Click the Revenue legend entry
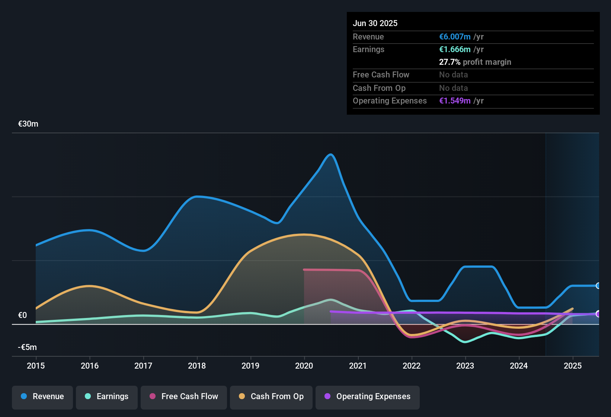[x=42, y=397]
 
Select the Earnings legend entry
[x=107, y=397]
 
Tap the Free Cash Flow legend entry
[x=184, y=397]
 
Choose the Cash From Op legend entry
[x=271, y=397]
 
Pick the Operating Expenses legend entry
[x=368, y=397]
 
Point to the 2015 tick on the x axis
[x=36, y=366]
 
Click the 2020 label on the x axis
[x=304, y=366]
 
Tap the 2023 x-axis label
[x=465, y=366]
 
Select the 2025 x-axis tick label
[x=573, y=366]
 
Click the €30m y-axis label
[x=28, y=124]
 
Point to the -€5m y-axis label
[x=28, y=347]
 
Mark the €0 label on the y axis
[x=22, y=315]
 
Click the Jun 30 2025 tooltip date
[x=375, y=23]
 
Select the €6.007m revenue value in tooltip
[x=455, y=37]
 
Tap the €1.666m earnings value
[x=455, y=50]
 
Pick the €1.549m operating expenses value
[x=455, y=101]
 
